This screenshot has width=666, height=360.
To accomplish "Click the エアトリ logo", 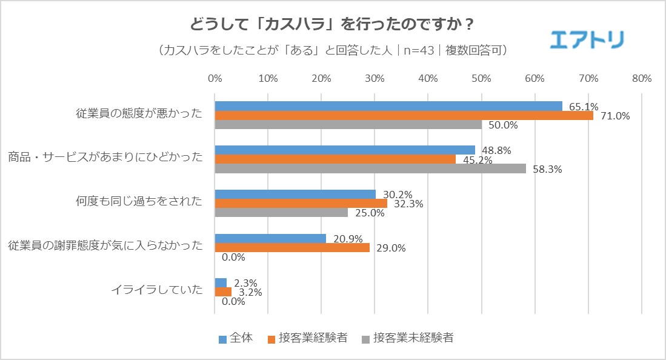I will tap(587, 39).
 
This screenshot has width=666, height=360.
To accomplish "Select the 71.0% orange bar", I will tap(404, 115).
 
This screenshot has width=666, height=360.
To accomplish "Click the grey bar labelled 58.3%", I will tap(370, 168).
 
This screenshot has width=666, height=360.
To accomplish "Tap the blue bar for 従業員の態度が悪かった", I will tap(388, 106).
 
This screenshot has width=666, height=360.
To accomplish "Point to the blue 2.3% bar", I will tap(221, 282).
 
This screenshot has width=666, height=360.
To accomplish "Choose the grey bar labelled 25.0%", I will tap(281, 213).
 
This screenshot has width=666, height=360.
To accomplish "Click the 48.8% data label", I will tap(493, 150).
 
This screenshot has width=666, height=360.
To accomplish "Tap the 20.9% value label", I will tap(344, 239).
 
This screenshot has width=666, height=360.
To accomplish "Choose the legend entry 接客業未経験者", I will tap(407, 338).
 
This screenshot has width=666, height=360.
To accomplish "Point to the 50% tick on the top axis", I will tap(481, 78).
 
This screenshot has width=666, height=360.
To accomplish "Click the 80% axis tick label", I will tap(641, 78).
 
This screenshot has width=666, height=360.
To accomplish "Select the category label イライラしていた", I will tap(156, 290).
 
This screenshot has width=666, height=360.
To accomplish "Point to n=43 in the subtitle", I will tap(419, 50).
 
